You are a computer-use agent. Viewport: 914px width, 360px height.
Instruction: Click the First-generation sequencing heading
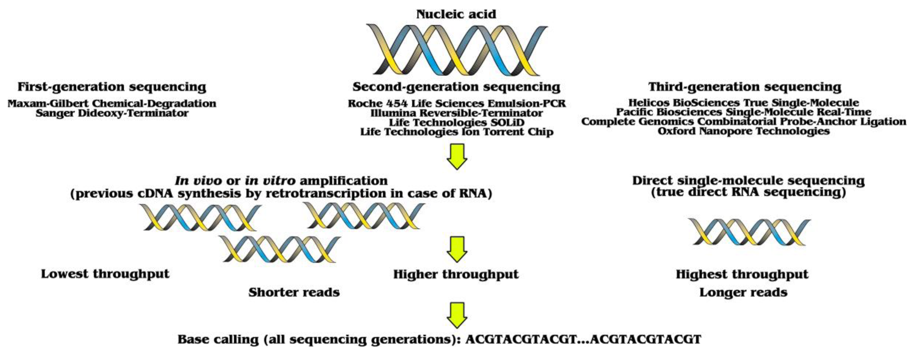[112, 87]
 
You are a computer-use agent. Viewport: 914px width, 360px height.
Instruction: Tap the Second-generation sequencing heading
[456, 87]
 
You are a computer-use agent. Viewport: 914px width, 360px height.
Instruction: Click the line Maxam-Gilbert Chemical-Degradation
[112, 104]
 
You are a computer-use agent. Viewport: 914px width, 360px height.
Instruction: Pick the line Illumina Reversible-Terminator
[457, 113]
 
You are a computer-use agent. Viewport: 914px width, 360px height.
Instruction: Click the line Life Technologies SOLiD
[457, 123]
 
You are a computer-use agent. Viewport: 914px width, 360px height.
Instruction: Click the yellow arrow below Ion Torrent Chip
[457, 156]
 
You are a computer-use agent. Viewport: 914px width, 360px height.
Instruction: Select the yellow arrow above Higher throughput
[457, 249]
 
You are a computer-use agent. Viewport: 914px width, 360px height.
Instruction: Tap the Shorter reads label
[294, 293]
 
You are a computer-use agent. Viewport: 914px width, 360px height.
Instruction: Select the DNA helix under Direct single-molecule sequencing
[749, 232]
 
